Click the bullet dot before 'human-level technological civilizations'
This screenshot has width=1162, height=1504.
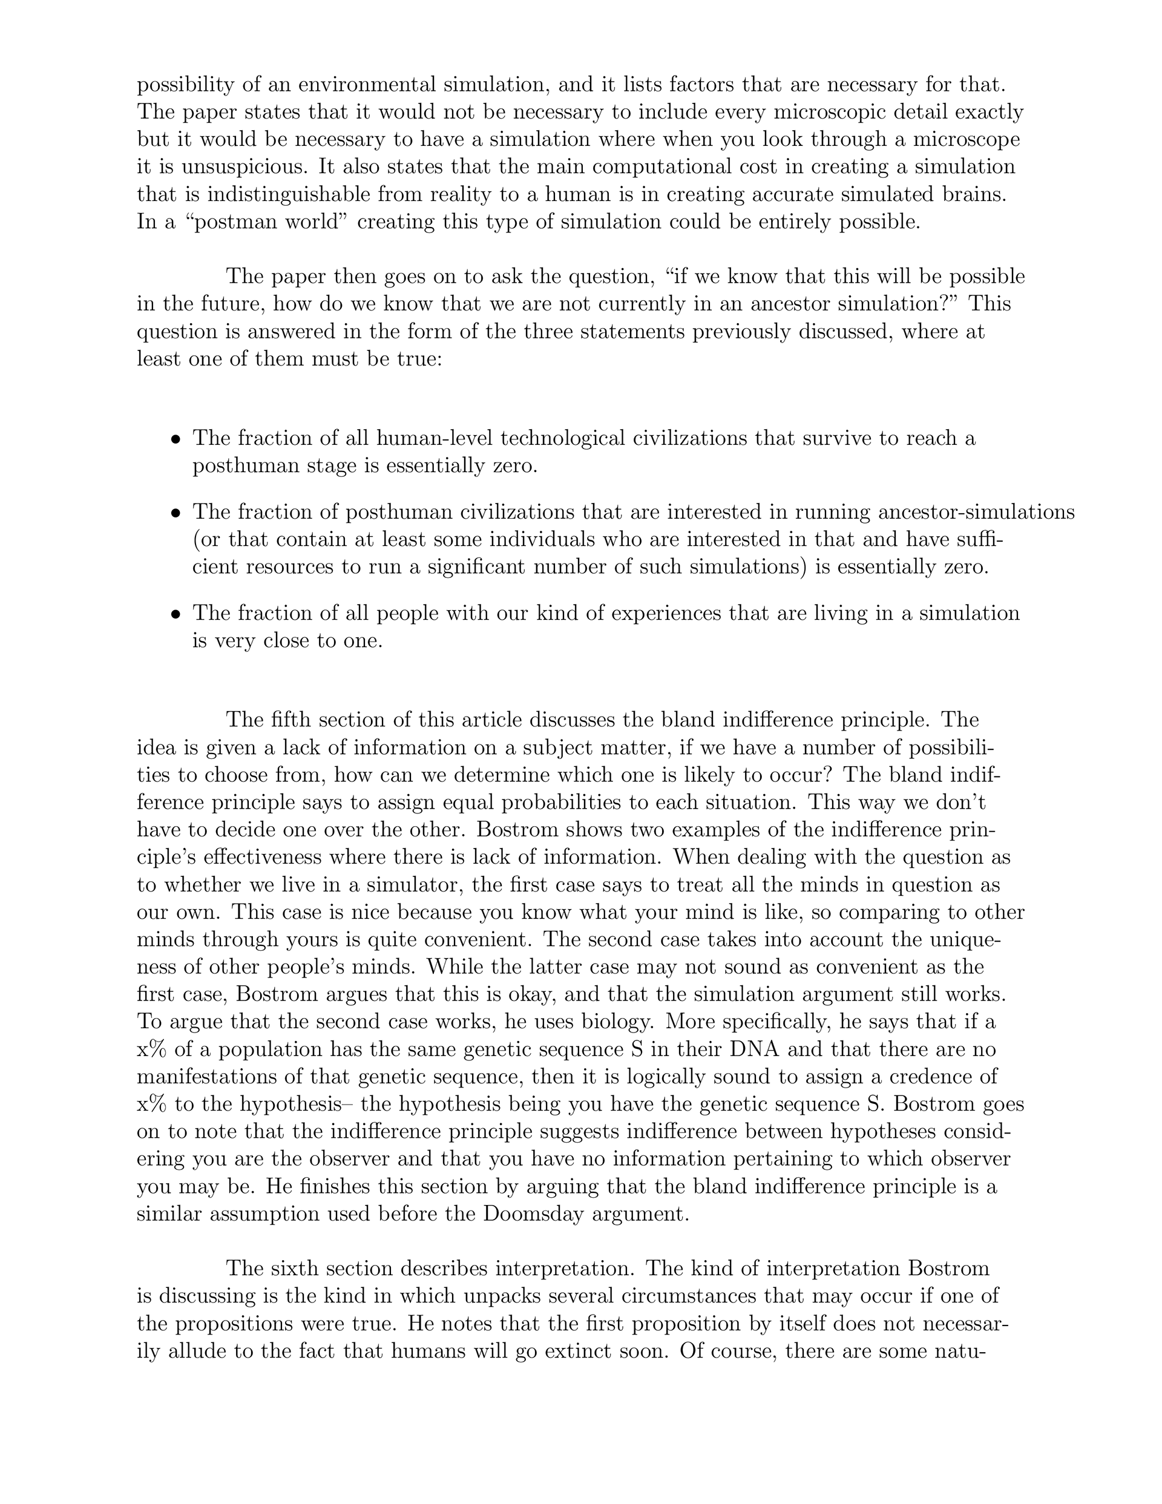coord(177,439)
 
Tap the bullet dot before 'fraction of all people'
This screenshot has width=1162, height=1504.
coord(177,614)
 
